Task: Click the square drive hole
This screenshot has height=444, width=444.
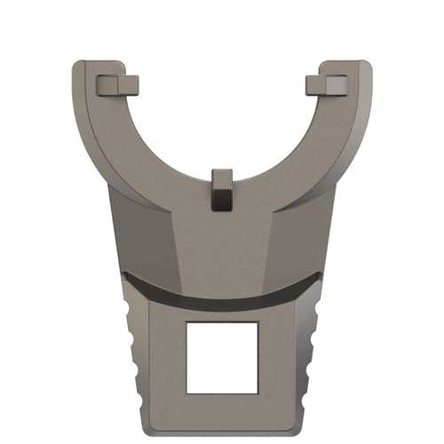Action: point(222,358)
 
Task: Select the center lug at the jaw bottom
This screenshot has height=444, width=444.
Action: point(222,190)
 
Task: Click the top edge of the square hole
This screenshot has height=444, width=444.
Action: point(222,323)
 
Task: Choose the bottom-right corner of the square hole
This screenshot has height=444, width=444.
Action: point(258,392)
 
